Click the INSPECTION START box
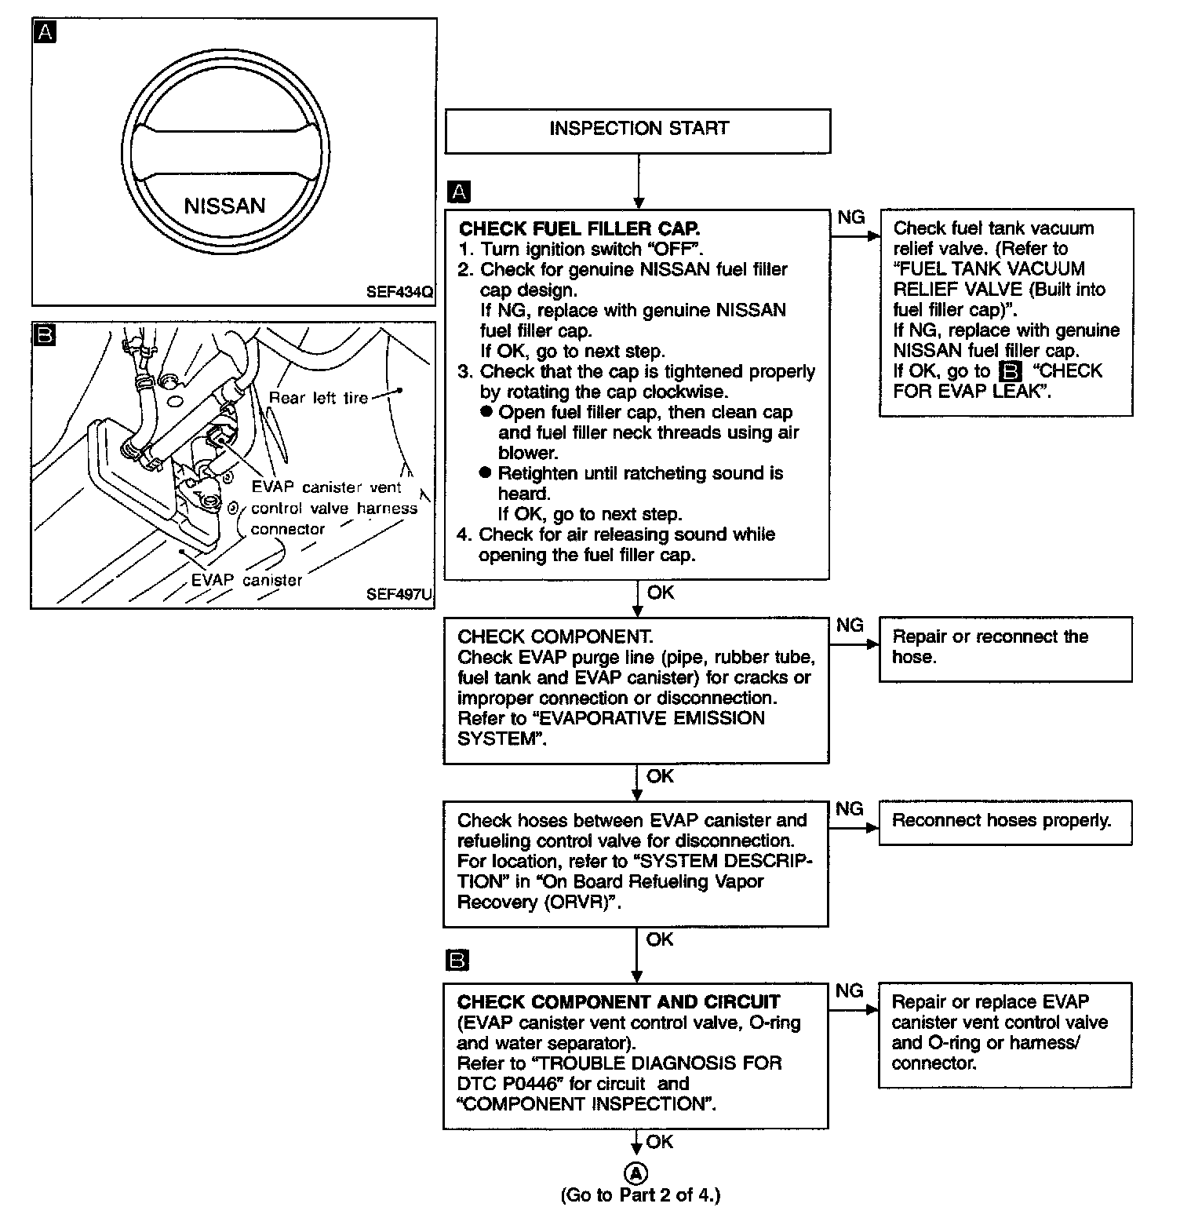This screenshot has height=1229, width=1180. point(638,129)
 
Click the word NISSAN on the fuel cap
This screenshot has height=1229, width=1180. point(224,206)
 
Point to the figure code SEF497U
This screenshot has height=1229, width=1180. point(399,594)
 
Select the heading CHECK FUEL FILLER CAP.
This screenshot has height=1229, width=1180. point(579,228)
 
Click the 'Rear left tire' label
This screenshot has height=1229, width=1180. point(318,397)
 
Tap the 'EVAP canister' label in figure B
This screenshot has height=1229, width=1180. point(246,580)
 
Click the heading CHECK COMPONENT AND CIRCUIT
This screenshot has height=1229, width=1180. point(618,1002)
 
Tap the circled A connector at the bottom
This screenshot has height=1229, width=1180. point(636,1173)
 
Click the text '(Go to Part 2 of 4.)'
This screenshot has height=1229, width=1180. point(639,1195)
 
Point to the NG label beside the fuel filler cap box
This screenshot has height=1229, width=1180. point(851,217)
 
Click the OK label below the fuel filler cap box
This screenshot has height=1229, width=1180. point(661,593)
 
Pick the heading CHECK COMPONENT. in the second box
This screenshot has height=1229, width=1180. point(555,636)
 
